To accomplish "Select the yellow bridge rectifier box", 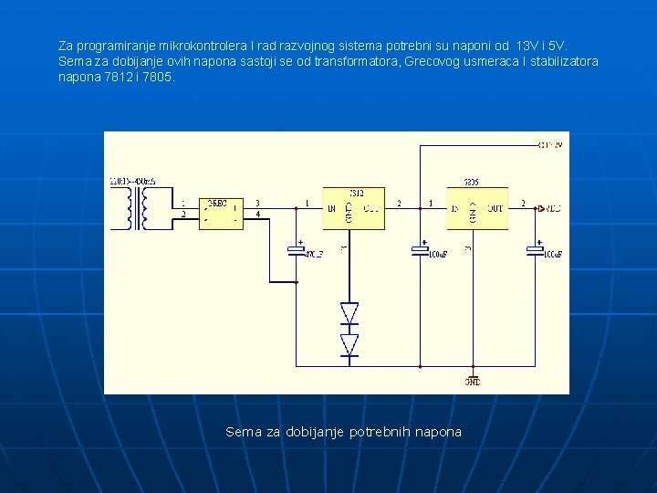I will [x=221, y=212].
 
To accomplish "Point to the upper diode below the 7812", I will [x=349, y=313].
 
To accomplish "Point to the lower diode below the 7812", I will [x=349, y=344].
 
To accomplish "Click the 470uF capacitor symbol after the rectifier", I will [x=296, y=249].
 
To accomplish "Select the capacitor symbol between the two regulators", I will [x=419, y=249].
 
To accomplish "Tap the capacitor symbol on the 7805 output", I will [x=536, y=249].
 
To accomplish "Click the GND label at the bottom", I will [x=473, y=383].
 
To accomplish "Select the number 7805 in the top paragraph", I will [x=157, y=78].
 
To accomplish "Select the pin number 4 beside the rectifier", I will [x=257, y=215].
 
